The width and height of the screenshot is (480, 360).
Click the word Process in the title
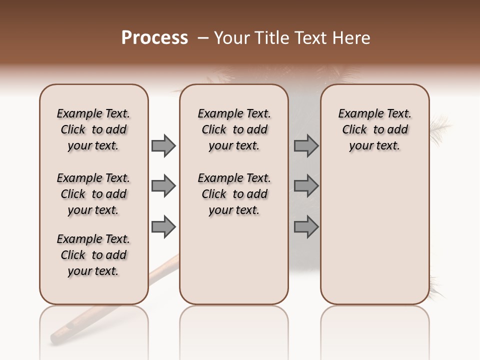click(x=154, y=38)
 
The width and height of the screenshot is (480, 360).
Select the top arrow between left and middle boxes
click(x=163, y=145)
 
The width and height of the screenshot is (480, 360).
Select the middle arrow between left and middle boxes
click(x=163, y=186)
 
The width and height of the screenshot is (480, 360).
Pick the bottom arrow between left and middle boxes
click(x=163, y=227)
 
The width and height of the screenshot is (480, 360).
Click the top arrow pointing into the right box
click(x=306, y=145)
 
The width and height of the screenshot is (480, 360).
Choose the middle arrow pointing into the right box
click(x=306, y=186)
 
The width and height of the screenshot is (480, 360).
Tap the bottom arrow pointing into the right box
click(x=306, y=227)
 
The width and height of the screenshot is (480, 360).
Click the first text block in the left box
click(x=93, y=129)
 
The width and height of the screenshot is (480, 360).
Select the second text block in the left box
click(x=93, y=194)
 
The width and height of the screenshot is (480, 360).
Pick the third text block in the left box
click(x=93, y=255)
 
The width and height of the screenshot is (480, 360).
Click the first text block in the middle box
click(x=234, y=129)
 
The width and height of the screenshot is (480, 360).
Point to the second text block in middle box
click(x=234, y=194)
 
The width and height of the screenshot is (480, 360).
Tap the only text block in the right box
click(x=374, y=129)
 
